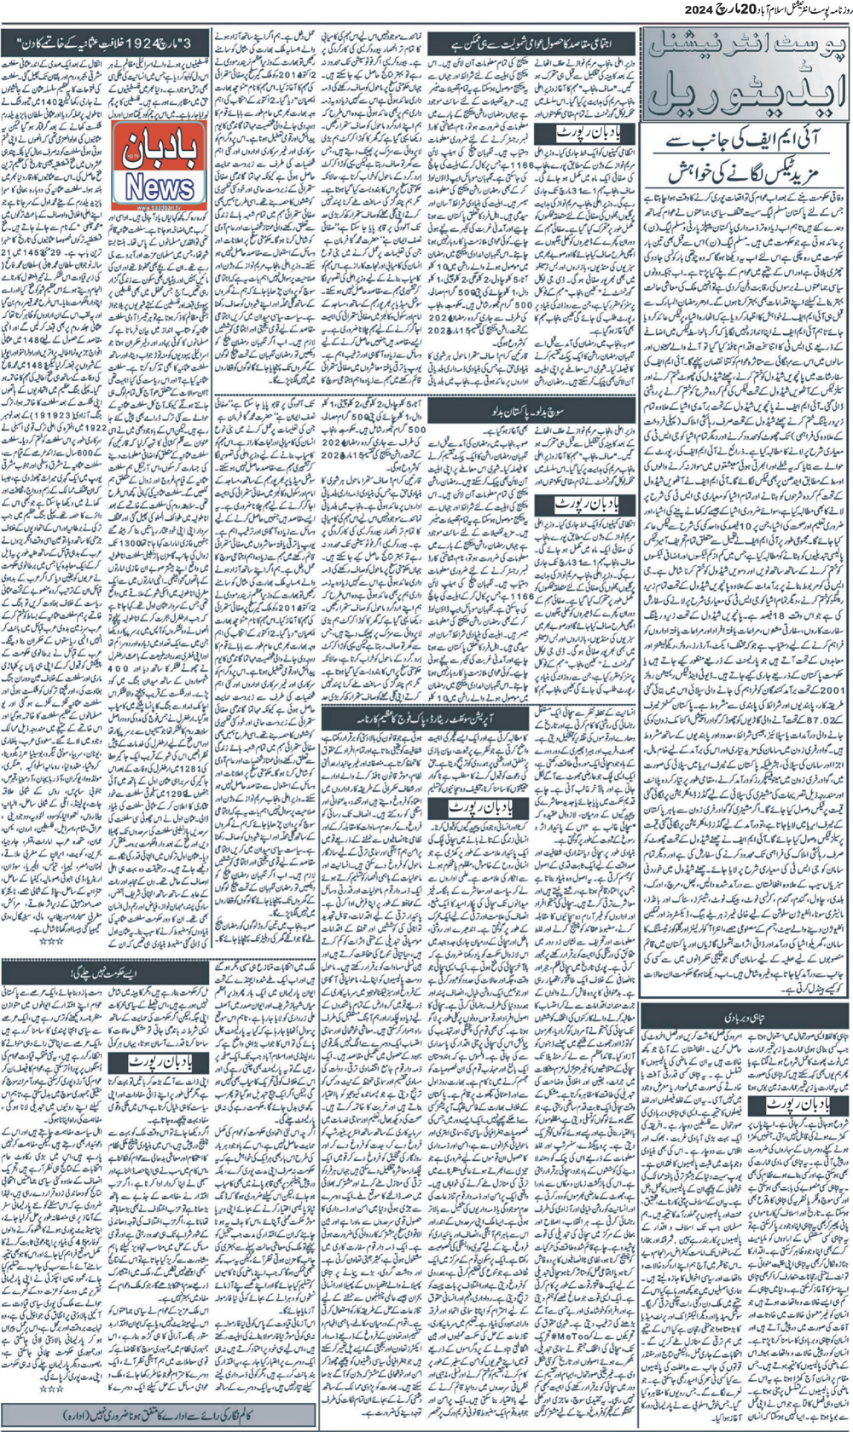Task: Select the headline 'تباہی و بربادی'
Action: tap(746, 1016)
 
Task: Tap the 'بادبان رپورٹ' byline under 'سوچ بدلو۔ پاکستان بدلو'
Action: tap(585, 505)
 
